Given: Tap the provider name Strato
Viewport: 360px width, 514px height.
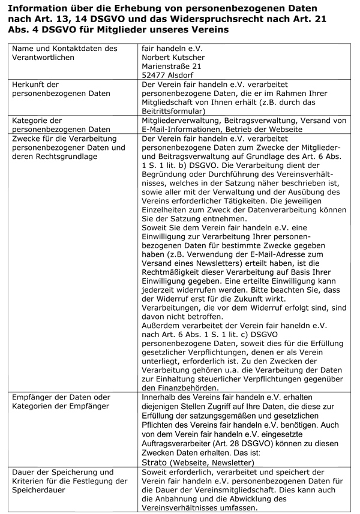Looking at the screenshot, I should [154, 463].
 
